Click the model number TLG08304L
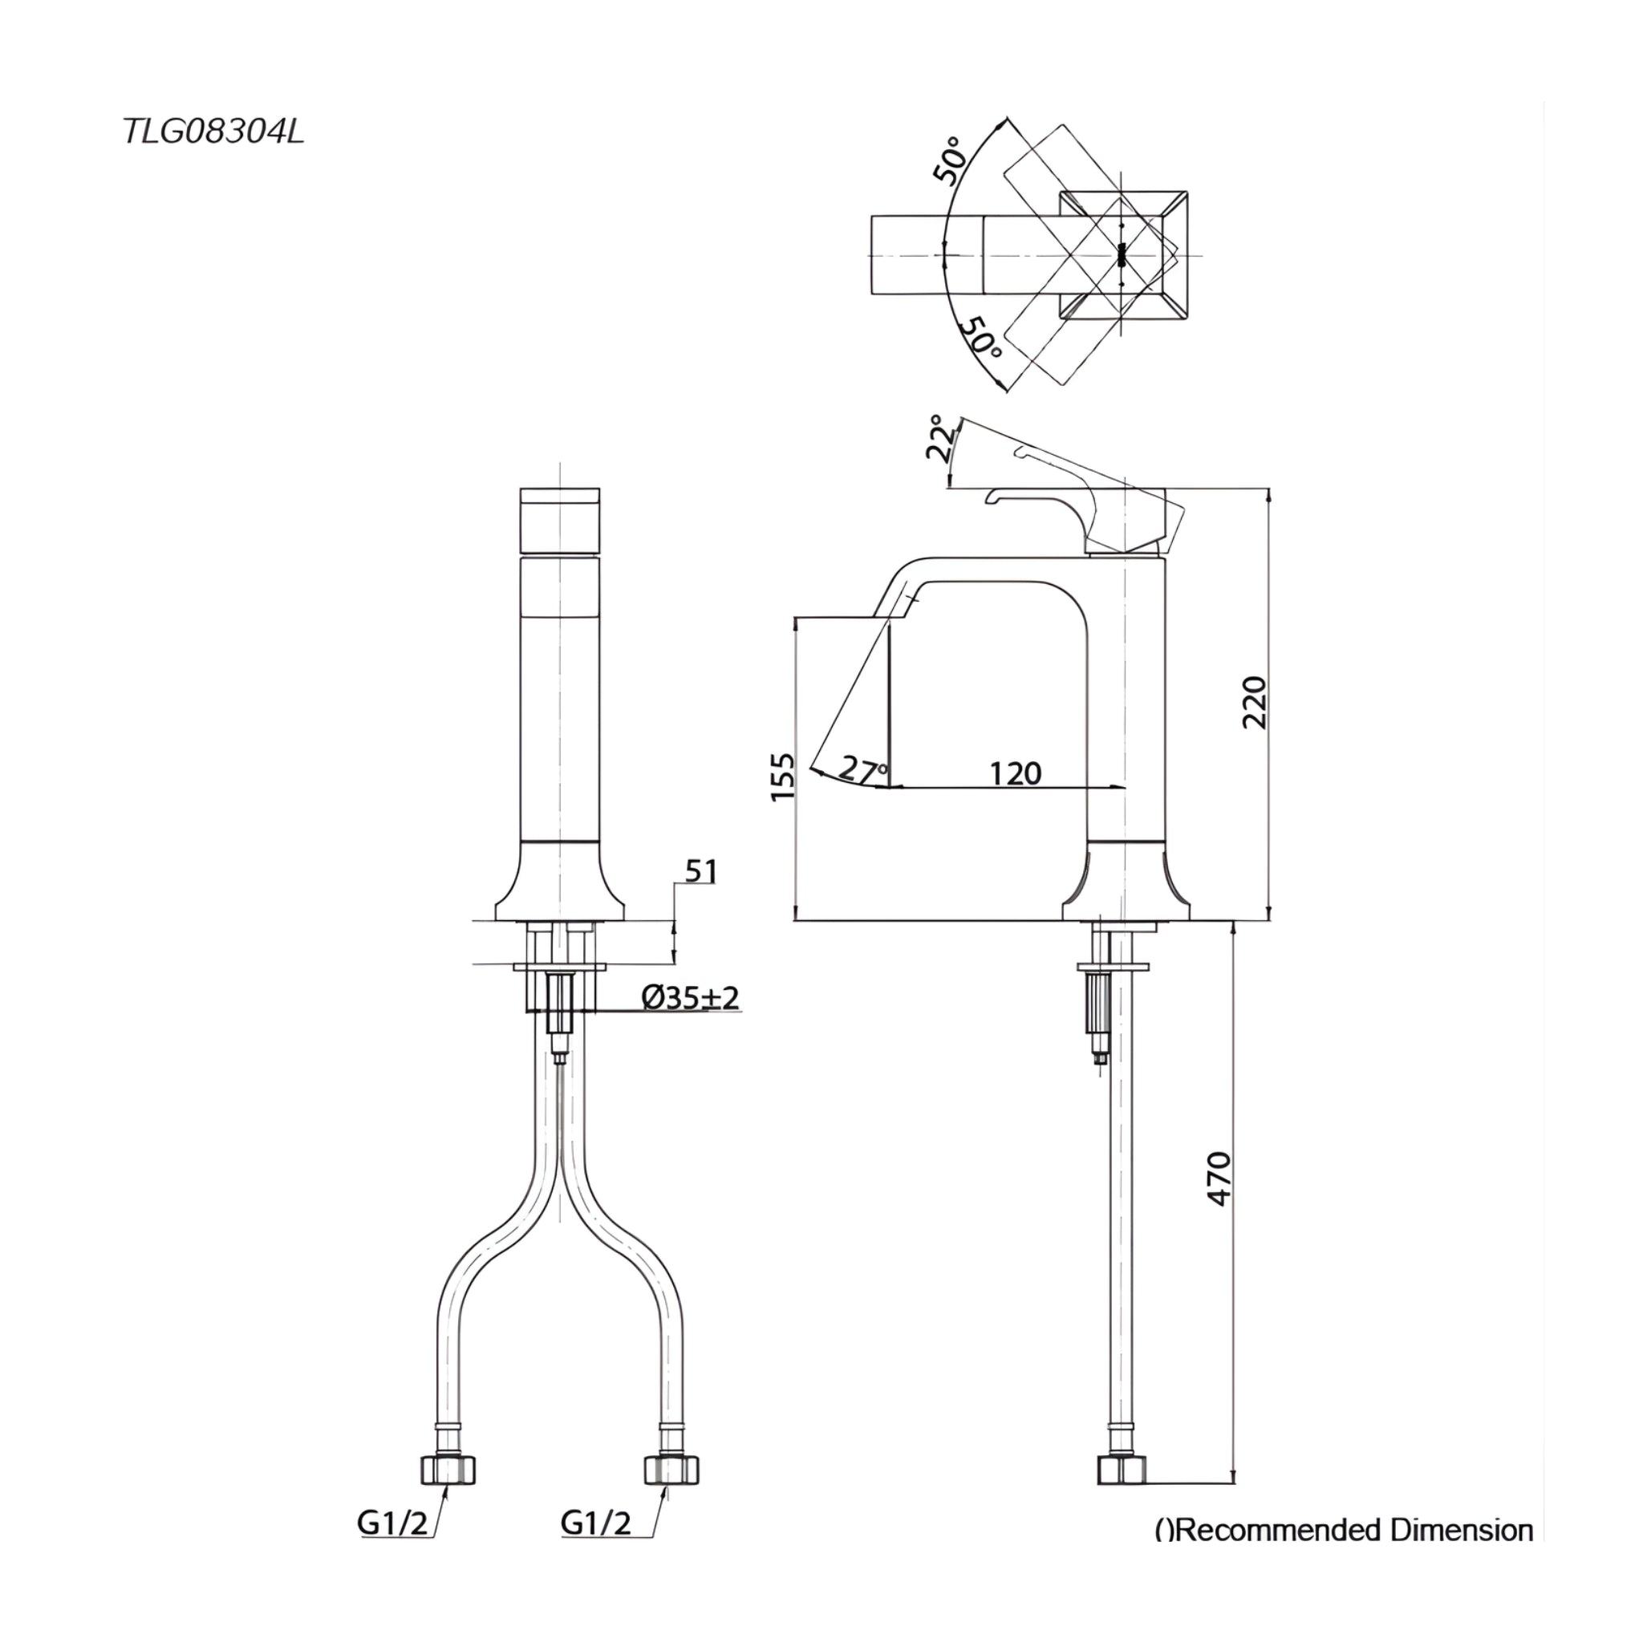(x=213, y=132)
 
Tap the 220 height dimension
(x=1254, y=703)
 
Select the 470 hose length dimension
(x=1219, y=1178)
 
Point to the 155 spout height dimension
(x=781, y=776)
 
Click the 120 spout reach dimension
(x=1016, y=773)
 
